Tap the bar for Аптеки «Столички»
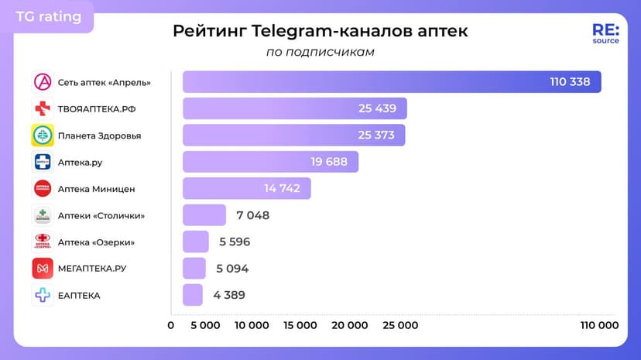tap(204, 215)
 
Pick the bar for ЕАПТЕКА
tap(192, 295)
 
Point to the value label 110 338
tap(570, 82)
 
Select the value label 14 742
tap(282, 188)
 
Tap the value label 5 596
tap(235, 242)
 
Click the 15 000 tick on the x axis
tap(301, 325)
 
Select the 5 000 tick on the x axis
tap(204, 325)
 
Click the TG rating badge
tap(48, 16)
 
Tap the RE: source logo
tap(605, 33)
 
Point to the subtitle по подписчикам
tap(320, 52)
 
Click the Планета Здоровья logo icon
tap(42, 135)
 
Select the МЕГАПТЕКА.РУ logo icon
tap(42, 269)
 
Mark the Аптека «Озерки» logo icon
tap(42, 242)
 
